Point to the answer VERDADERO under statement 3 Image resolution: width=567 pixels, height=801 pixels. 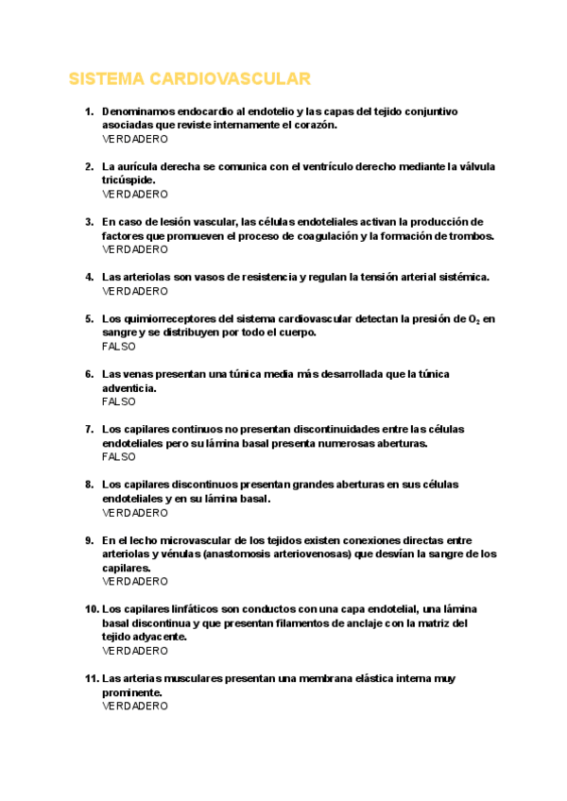point(135,249)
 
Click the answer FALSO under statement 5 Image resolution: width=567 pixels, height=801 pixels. point(119,347)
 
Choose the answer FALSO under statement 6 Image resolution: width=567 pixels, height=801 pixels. point(119,401)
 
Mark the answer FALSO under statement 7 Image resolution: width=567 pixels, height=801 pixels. point(119,457)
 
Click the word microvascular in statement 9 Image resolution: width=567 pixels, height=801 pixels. point(187,540)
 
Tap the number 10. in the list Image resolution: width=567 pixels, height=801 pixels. point(90,609)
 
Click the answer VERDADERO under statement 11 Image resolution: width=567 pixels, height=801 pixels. point(135,706)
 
